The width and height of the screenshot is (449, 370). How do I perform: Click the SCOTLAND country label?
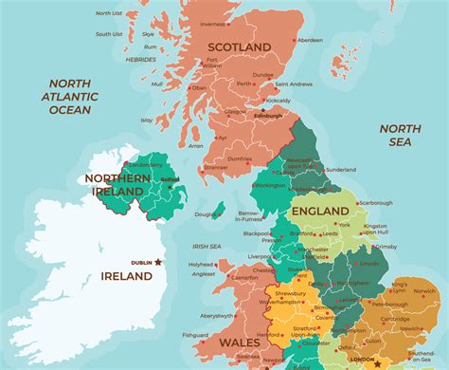tap(240, 46)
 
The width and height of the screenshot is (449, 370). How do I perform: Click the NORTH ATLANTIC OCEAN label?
tap(70, 97)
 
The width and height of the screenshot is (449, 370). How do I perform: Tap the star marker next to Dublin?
tap(159, 262)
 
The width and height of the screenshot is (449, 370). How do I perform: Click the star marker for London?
tap(379, 364)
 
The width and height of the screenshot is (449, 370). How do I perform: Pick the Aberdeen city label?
tap(309, 41)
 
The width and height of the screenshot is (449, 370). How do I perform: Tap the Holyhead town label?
tap(201, 265)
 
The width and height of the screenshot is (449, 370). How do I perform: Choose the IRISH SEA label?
tap(207, 246)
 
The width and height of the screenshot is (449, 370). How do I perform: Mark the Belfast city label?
tap(170, 178)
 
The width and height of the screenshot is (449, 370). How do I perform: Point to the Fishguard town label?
tap(196, 334)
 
